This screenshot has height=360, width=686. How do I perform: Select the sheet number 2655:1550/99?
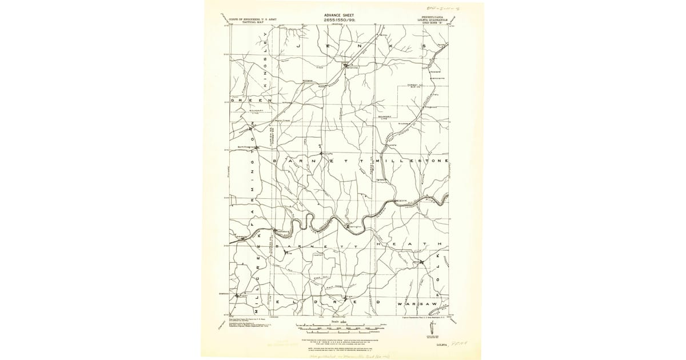click(x=340, y=21)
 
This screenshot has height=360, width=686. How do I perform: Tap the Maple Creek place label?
click(x=283, y=121)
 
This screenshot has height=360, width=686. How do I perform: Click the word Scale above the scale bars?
click(x=339, y=322)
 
